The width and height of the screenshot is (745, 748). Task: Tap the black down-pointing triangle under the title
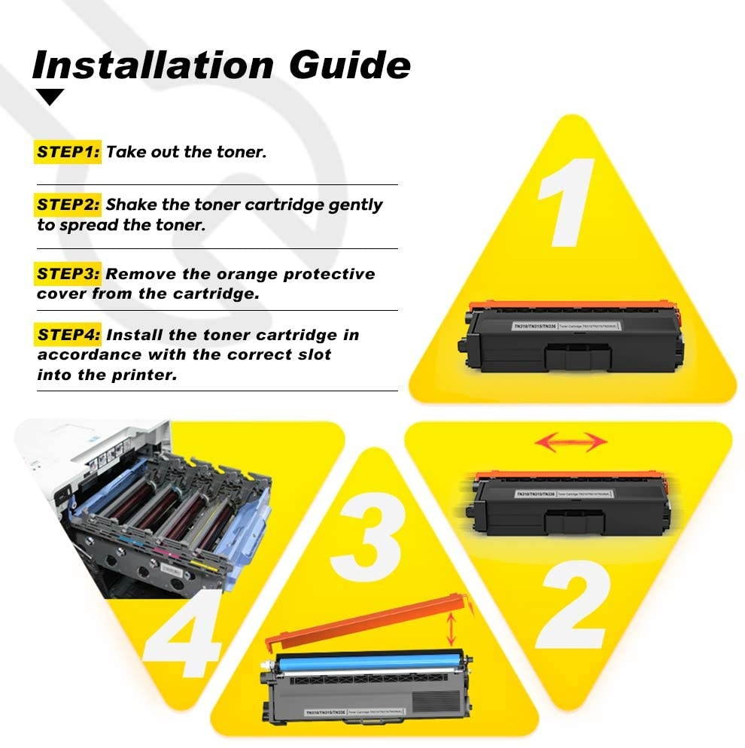51,96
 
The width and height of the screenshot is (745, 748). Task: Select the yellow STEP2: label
68,205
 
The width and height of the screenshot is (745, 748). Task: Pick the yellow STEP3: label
68,274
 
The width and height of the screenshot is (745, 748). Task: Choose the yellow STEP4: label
68,334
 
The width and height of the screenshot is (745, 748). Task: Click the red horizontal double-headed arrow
570,442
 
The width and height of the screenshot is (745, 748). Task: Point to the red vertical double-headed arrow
451,628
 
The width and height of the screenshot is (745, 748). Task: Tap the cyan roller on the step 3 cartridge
361,662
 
